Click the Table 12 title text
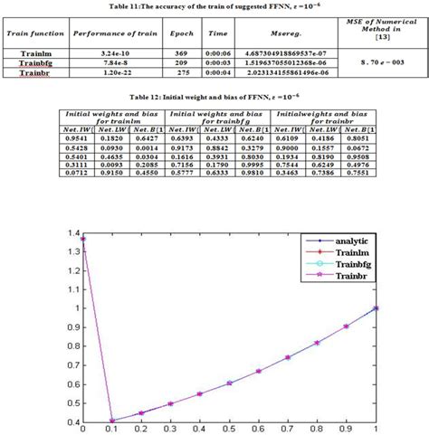[x=214, y=96]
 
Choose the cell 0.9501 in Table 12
[x=77, y=137]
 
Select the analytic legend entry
[x=335, y=243]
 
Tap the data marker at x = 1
[x=376, y=308]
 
